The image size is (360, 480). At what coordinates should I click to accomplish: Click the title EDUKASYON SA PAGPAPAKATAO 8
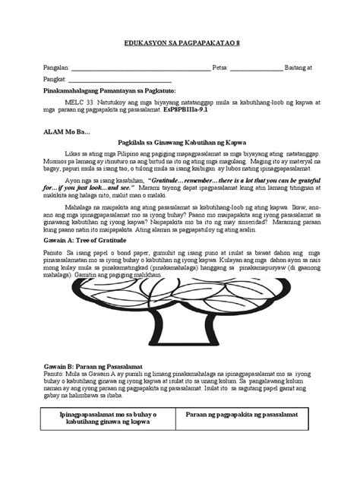pos(180,45)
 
